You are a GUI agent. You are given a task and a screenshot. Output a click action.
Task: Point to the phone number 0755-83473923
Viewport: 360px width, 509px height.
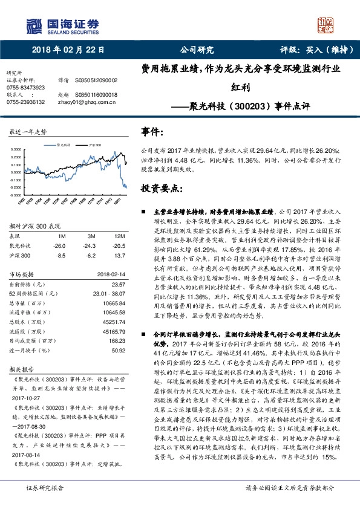[25, 88]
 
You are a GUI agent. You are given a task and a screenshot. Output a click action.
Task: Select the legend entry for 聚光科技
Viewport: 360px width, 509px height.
[64, 146]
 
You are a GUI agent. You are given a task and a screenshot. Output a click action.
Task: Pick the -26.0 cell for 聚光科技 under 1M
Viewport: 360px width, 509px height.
[59, 246]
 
